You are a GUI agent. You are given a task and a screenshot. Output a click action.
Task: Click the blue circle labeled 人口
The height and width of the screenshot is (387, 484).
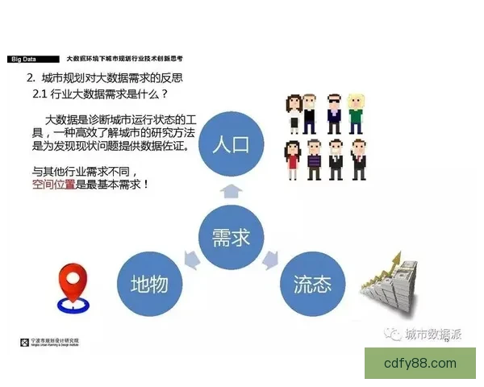pyautogui.click(x=231, y=145)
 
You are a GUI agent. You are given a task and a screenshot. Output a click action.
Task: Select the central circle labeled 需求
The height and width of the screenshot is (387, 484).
pyautogui.click(x=231, y=236)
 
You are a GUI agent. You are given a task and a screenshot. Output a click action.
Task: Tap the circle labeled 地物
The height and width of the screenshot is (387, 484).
pyautogui.click(x=149, y=284)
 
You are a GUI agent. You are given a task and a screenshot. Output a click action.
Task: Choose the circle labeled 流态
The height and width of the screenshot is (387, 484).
pyautogui.click(x=312, y=284)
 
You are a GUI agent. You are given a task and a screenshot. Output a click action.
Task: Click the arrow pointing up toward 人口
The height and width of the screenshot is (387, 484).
pyautogui.click(x=231, y=190)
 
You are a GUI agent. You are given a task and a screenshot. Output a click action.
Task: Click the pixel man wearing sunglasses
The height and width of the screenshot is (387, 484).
pyautogui.click(x=334, y=115)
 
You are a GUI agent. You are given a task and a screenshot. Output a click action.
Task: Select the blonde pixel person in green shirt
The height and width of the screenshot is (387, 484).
pyautogui.click(x=356, y=115)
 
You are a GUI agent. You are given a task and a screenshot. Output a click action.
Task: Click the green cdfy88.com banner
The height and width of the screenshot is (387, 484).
pyautogui.click(x=419, y=364)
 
